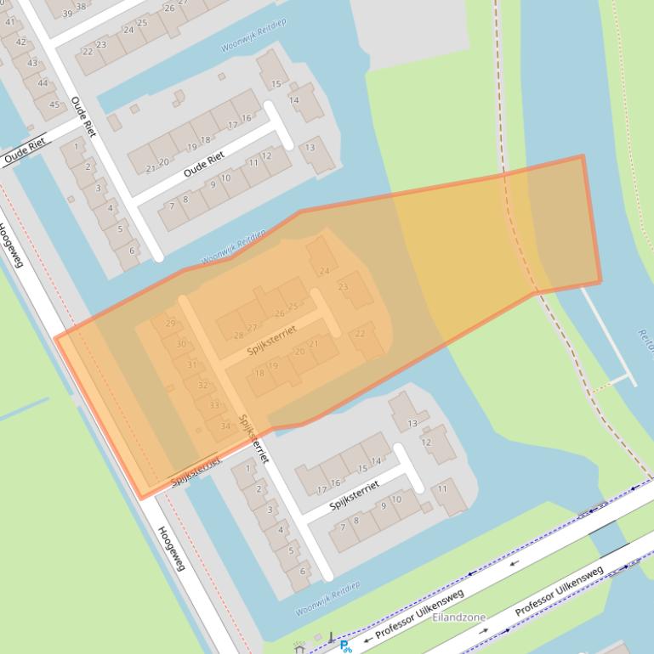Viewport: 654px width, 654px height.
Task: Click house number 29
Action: [x=170, y=324]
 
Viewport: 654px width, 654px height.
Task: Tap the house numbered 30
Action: [x=180, y=344]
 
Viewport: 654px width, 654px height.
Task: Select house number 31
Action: [x=191, y=364]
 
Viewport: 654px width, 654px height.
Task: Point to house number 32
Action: [x=202, y=385]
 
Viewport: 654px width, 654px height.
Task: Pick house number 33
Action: [x=213, y=405]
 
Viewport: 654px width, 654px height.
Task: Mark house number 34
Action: [x=225, y=426]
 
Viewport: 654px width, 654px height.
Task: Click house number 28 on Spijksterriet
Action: [x=238, y=335]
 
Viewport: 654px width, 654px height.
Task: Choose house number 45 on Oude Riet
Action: [x=54, y=104]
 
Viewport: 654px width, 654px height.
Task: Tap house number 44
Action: [x=43, y=83]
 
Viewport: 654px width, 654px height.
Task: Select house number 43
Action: [x=32, y=63]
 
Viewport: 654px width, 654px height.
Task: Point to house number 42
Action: [x=21, y=42]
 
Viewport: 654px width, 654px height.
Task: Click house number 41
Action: [x=10, y=21]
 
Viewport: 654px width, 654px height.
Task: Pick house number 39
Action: [x=67, y=14]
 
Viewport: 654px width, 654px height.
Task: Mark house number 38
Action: [x=81, y=6]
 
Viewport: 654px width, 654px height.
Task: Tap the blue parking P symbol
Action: [x=344, y=646]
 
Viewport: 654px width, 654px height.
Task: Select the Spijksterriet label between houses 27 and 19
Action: [x=273, y=341]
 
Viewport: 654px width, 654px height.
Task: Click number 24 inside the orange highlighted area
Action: [x=324, y=271]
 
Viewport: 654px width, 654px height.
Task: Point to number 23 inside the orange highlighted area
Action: [x=343, y=287]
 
